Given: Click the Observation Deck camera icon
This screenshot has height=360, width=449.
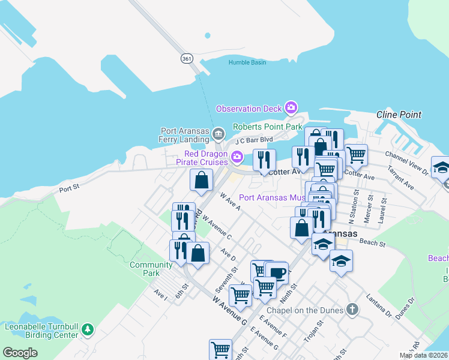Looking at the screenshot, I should (291, 108).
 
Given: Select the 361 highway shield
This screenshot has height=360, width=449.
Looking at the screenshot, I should (187, 58).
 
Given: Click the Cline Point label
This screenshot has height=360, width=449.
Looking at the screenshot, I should (399, 115).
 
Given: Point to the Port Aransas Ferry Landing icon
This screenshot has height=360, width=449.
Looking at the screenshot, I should (218, 133).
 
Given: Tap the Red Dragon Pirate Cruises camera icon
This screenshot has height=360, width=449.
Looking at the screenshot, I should (237, 158).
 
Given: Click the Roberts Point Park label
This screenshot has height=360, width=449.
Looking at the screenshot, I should (267, 127).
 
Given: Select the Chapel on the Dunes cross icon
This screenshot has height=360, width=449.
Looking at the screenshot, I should (352, 310).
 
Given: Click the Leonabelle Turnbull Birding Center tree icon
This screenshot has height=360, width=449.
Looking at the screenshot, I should (88, 329).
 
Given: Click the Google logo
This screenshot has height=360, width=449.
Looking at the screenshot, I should (20, 353).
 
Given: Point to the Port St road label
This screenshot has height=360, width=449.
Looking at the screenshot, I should (70, 188).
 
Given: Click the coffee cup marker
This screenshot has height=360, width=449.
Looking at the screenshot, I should (276, 273).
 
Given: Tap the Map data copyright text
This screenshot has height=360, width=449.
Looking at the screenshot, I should (424, 355).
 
